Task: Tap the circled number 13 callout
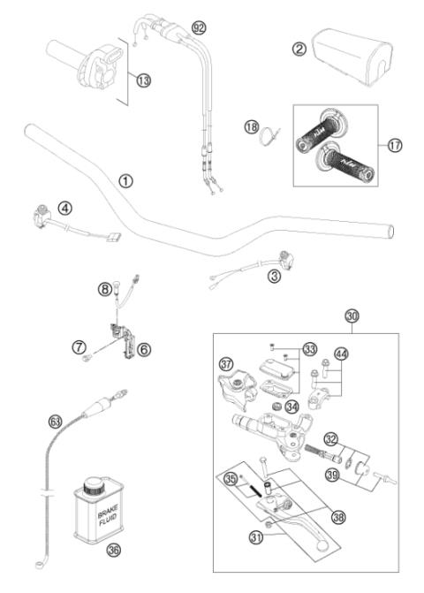point(143,80)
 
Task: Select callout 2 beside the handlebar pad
point(299,50)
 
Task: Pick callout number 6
point(144,349)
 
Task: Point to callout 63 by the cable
point(56,423)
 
